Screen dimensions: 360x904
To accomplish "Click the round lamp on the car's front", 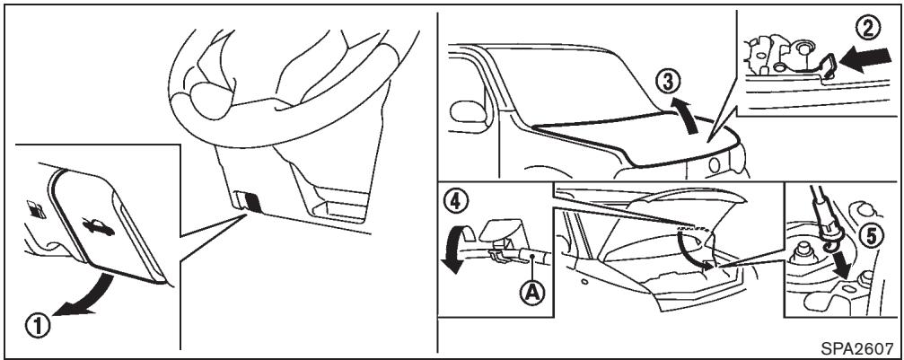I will coord(716,165).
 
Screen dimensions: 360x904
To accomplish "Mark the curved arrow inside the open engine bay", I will coord(691,247).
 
